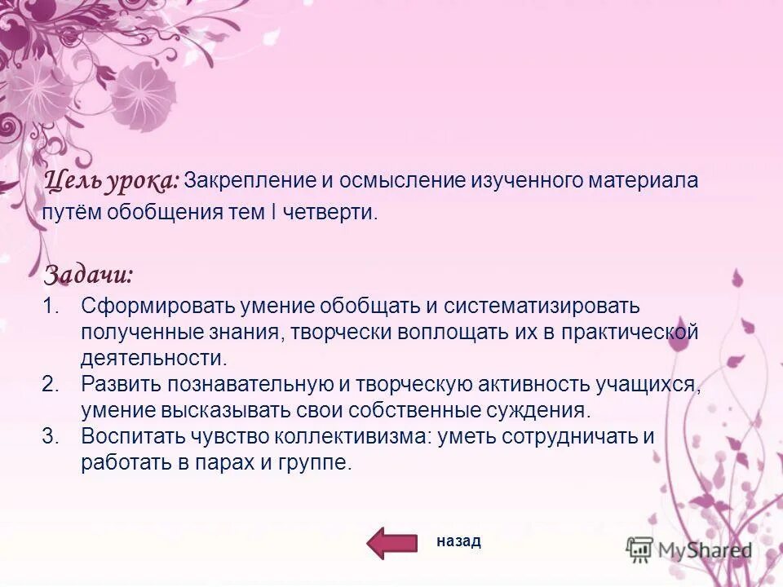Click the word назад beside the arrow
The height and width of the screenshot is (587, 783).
coord(459,541)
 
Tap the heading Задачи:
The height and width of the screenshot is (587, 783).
coord(88,274)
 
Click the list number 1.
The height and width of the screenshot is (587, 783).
coord(51,306)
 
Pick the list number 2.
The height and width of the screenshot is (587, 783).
coord(51,384)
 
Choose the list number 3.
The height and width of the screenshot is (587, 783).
coord(51,436)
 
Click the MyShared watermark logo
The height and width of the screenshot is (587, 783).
coord(689,549)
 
